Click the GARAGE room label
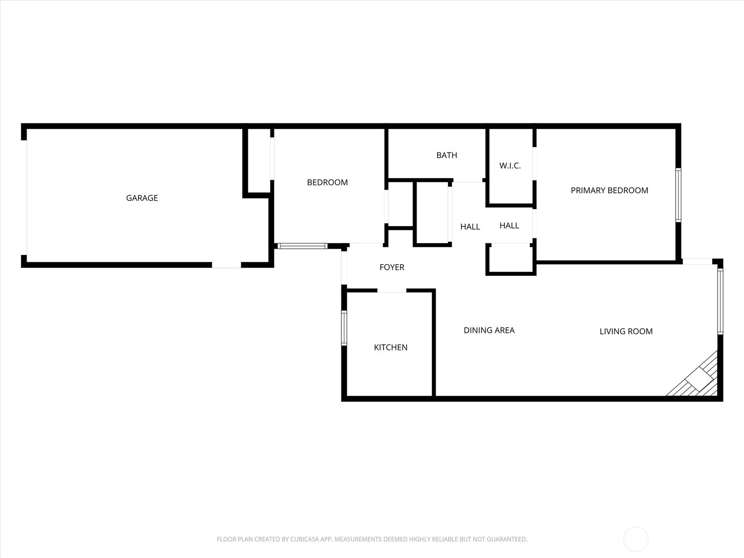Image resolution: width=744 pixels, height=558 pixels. tap(142, 198)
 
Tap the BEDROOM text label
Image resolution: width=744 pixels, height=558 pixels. tap(327, 182)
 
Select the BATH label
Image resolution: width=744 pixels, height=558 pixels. tap(446, 155)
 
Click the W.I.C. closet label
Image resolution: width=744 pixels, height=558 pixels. tap(510, 166)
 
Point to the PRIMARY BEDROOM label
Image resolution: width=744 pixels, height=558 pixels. tap(609, 190)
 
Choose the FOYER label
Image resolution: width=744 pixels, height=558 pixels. tap(392, 267)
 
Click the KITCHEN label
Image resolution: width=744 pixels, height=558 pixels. tap(391, 347)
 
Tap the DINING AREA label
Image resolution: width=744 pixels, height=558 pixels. tap(489, 330)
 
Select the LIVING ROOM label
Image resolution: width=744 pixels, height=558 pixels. tap(626, 332)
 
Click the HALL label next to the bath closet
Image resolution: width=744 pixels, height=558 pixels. tap(470, 227)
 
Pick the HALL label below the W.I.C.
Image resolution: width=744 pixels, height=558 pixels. tap(509, 226)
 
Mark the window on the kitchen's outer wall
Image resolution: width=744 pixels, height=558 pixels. tap(344, 328)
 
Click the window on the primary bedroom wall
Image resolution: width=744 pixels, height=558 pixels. tap(678, 195)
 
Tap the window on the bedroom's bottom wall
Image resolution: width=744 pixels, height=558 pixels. tap(302, 246)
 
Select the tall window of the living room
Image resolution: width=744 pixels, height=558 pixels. tap(720, 301)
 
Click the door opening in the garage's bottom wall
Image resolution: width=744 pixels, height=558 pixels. tap(226, 265)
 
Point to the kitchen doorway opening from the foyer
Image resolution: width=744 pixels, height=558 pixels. tap(392, 291)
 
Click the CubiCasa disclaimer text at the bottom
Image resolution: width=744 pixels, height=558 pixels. tap(372, 539)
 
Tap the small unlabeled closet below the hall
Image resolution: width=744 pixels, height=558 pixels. tap(510, 259)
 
